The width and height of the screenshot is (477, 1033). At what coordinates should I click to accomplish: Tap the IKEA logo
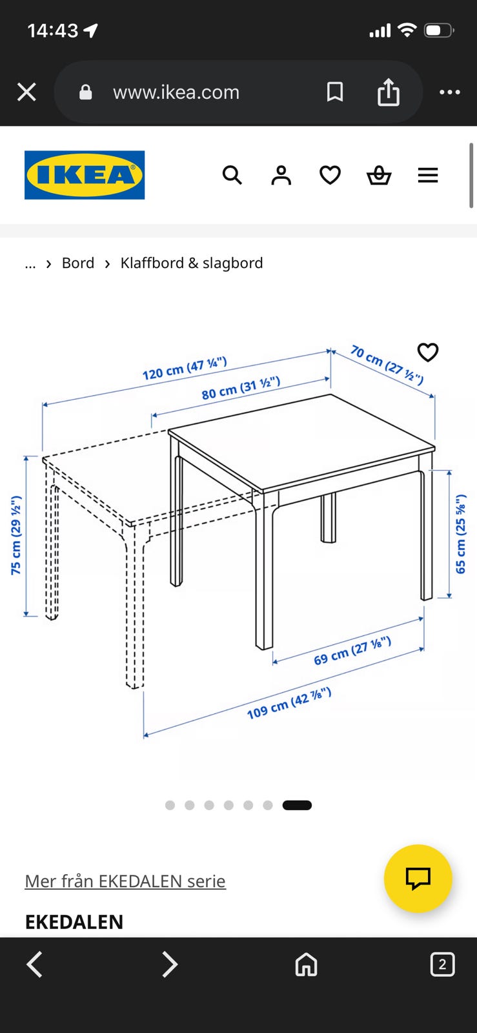[85, 175]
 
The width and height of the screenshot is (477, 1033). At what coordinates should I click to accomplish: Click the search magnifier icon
[232, 175]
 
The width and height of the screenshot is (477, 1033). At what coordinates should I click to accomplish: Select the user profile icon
[281, 175]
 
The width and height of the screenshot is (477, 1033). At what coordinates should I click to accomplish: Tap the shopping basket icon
[379, 175]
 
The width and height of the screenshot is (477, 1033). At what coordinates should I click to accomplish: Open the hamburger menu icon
[428, 175]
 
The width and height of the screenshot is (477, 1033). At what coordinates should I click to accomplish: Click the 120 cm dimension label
[185, 368]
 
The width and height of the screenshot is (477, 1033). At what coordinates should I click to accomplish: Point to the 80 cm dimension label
[241, 388]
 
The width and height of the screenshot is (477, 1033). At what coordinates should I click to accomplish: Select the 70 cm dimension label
[387, 365]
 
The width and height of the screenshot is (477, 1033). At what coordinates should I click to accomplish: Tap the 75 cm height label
[16, 535]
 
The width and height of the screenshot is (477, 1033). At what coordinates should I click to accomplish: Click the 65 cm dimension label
[460, 534]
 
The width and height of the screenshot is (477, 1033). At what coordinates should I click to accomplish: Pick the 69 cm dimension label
[352, 651]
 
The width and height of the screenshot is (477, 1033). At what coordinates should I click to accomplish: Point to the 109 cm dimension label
[289, 703]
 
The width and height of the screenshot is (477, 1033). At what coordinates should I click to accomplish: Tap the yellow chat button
[418, 879]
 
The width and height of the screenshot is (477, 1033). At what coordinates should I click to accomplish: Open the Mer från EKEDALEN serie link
[125, 881]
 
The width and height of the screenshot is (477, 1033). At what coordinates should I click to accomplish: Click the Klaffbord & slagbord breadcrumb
[192, 263]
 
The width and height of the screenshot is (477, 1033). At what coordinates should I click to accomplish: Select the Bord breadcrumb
[78, 263]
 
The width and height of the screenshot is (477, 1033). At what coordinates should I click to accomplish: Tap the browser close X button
[26, 92]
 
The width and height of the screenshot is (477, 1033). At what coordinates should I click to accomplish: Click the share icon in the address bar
[389, 92]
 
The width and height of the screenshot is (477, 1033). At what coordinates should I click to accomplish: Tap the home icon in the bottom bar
[307, 965]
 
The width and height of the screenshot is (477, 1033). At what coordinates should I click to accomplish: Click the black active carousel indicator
[298, 805]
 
